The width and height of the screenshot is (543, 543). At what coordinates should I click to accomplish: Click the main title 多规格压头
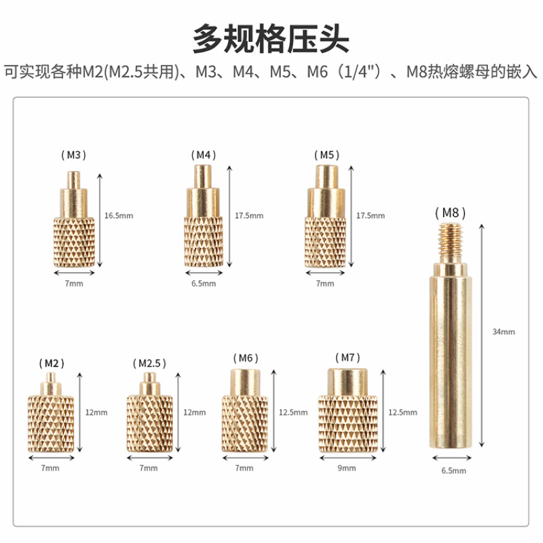[271, 39]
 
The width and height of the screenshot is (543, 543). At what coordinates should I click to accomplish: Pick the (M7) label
[347, 357]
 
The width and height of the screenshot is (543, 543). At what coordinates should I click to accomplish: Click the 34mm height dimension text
[504, 332]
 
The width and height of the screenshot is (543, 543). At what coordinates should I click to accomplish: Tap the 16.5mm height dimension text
[119, 216]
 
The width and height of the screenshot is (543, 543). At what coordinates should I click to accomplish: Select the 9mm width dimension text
[347, 468]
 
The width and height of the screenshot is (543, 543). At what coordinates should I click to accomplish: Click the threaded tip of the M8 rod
[449, 241]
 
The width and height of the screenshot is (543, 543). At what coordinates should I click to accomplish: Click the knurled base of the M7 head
[346, 424]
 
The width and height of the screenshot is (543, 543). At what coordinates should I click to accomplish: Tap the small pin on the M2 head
[50, 377]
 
